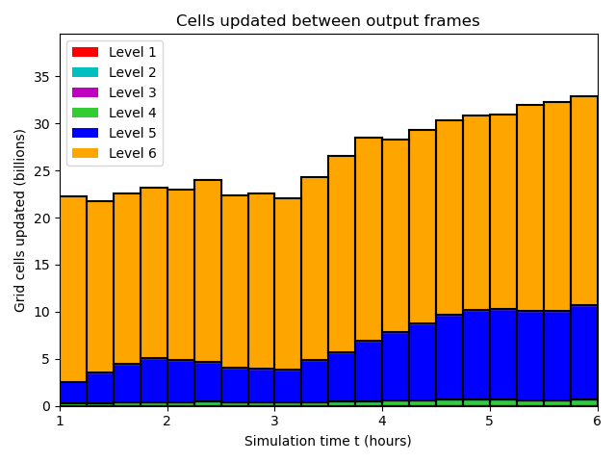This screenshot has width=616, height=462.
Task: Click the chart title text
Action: coord(327,21)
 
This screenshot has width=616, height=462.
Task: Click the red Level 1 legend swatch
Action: coord(86,52)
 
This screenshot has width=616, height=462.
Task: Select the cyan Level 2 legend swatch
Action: coord(86,72)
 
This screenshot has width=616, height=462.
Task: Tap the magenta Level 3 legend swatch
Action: coord(86,92)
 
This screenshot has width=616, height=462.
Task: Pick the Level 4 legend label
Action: coord(132,113)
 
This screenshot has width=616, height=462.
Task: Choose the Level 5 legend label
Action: coord(132,133)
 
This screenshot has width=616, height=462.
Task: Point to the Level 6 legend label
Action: coord(132,153)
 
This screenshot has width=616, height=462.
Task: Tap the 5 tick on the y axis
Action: coord(47,359)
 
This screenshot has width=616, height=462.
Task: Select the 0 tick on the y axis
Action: coord(47,406)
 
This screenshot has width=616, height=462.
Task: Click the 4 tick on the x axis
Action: coord(382,422)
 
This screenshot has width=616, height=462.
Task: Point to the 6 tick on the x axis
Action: coord(597,422)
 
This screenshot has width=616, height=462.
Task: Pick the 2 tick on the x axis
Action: coord(167,422)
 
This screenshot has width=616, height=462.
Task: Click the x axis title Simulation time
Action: coord(327,441)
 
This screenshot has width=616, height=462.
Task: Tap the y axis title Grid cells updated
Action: coord(21,220)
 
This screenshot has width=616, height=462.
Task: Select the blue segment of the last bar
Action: coord(583,352)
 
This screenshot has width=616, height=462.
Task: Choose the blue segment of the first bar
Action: coord(73,393)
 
